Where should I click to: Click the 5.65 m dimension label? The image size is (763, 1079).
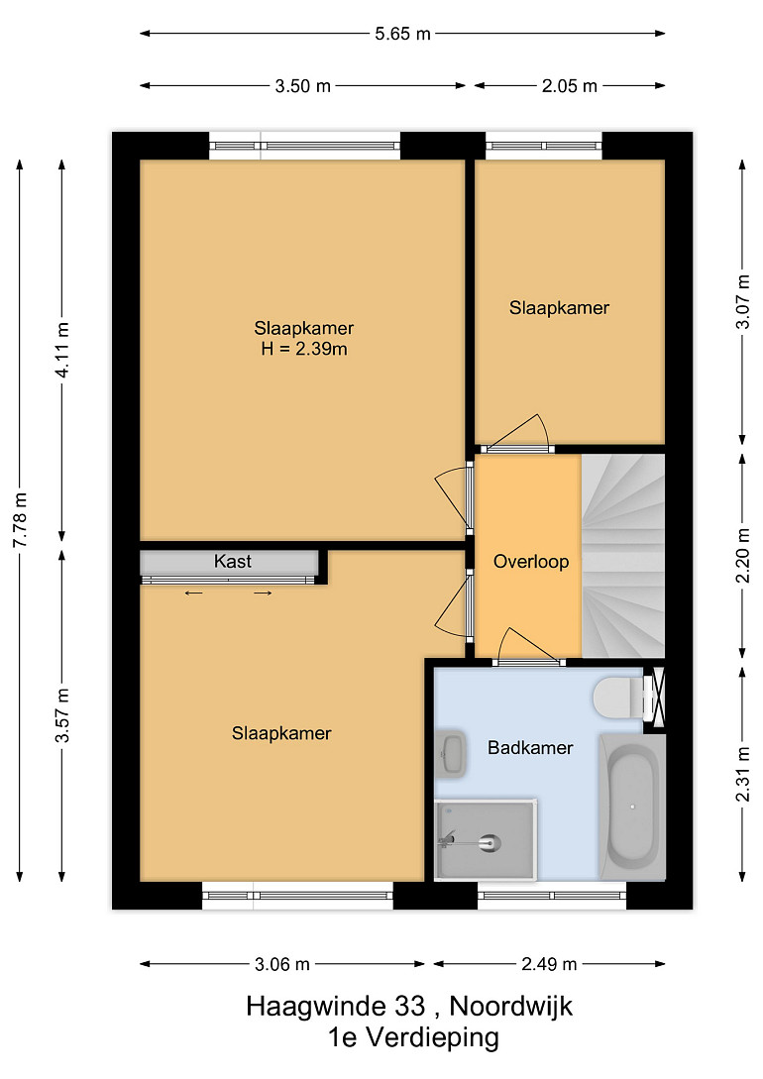402,33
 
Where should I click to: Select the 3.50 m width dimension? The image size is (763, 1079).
303,86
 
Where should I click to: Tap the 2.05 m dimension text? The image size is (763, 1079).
569,86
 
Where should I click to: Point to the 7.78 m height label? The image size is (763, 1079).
20,520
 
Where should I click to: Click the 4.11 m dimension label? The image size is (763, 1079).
61,350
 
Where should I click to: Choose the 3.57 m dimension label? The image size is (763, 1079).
61,715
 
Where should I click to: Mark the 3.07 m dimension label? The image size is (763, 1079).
743,301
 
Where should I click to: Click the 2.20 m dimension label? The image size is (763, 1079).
743,555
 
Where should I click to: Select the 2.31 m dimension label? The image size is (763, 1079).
743,774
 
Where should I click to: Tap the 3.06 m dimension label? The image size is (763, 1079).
282,964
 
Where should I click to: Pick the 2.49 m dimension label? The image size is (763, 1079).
548,964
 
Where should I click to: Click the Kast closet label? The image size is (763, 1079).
233,562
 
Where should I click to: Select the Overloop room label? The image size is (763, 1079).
531,562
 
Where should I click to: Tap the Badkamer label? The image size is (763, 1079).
530,748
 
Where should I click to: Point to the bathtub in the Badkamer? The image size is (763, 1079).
632,807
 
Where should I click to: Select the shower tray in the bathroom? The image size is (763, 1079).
485,839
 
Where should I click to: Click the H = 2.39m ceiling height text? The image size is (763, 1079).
304,349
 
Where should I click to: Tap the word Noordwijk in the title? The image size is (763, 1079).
511,1006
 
